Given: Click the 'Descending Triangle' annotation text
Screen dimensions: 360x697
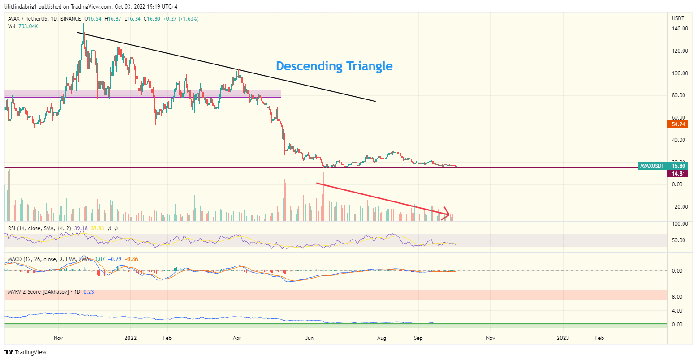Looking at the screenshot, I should tap(334, 66).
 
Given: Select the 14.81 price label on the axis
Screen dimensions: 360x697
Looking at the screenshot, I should tap(677, 174).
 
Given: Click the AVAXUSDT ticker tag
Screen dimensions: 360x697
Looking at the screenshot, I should tap(652, 166).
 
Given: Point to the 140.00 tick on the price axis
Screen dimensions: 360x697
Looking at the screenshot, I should tap(680, 29).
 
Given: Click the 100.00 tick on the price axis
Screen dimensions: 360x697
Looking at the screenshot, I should tap(680, 73).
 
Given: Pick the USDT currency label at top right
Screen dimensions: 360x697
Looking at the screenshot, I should tap(678, 18).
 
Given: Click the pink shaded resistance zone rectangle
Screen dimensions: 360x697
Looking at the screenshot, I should tap(143, 94).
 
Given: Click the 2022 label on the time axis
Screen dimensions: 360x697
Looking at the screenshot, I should tap(130, 338).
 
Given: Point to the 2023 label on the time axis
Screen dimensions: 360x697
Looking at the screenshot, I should tap(563, 338).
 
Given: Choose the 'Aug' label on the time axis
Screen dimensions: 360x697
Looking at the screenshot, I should tap(382, 338).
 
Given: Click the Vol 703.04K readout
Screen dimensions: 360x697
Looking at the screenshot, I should tap(23, 26).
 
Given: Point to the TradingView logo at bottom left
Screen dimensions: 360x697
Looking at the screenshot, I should tap(26, 352).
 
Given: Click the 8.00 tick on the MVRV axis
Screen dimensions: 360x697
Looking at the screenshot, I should tap(677, 297).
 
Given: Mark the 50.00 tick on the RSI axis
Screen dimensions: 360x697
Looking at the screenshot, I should tap(678, 240).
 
